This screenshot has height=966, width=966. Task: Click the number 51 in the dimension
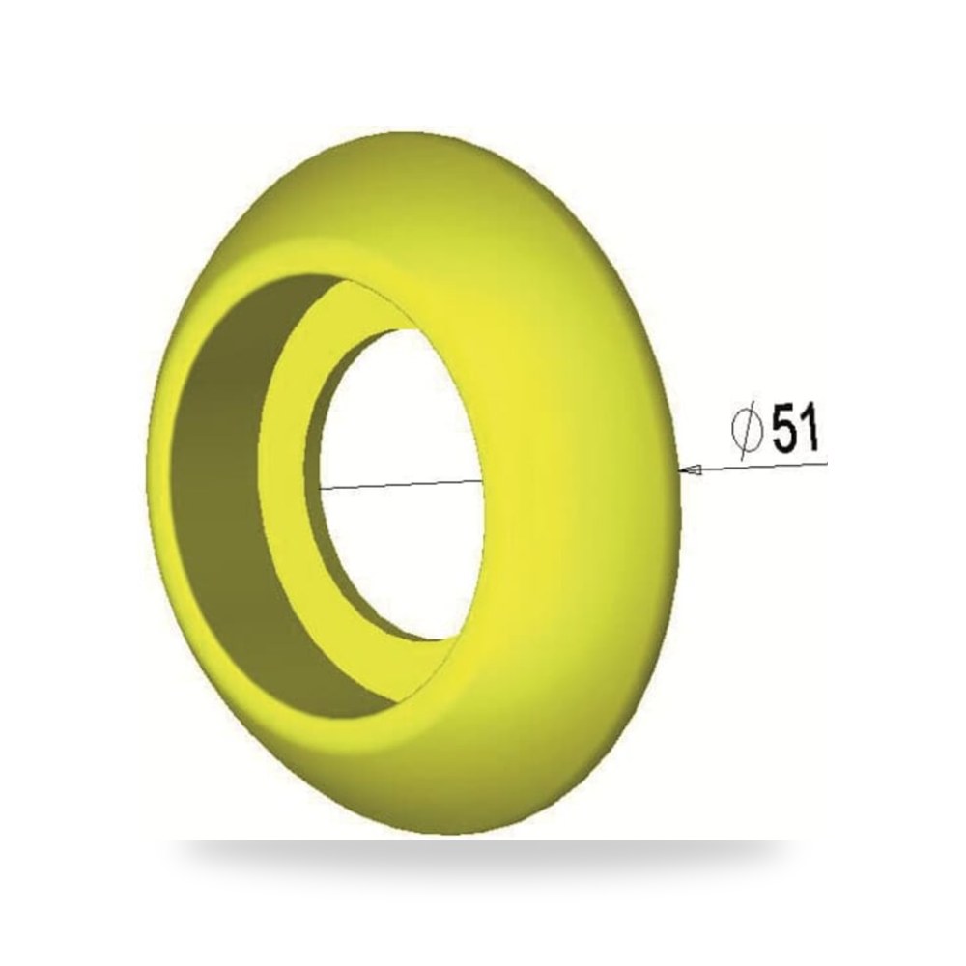tap(795, 427)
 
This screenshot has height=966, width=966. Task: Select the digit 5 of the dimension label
tap(783, 427)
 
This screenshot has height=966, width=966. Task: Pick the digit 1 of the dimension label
tap(810, 427)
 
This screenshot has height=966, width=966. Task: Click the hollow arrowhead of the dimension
tap(690, 470)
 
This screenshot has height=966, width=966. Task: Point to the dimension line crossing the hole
tap(401, 484)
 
